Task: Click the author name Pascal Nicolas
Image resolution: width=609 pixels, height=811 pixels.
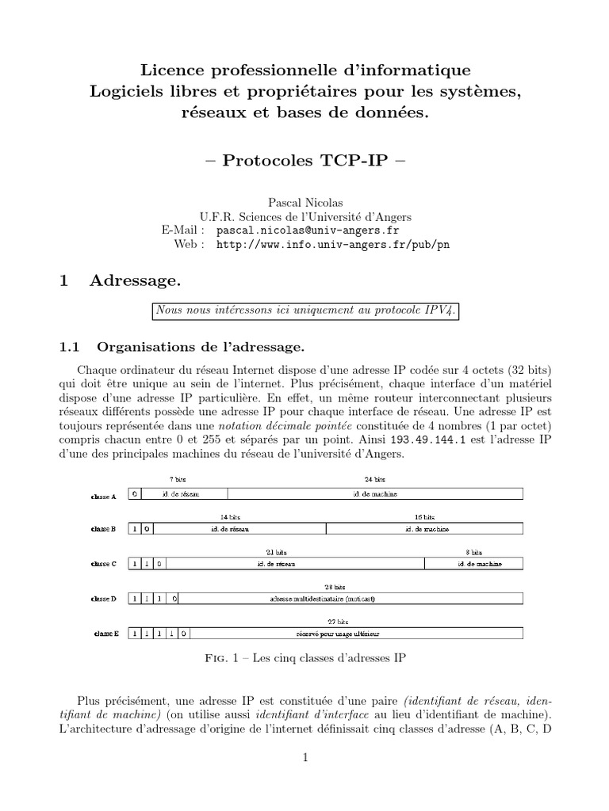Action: click(x=304, y=204)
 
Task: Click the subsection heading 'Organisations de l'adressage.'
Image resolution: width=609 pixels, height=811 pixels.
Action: click(x=200, y=346)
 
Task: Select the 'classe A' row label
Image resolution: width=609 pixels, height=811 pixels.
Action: click(x=104, y=497)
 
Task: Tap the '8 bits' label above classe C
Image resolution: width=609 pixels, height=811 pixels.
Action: click(x=473, y=551)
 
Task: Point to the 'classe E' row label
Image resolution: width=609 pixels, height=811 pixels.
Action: click(x=105, y=634)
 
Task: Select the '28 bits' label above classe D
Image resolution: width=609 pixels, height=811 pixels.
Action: click(x=340, y=587)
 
